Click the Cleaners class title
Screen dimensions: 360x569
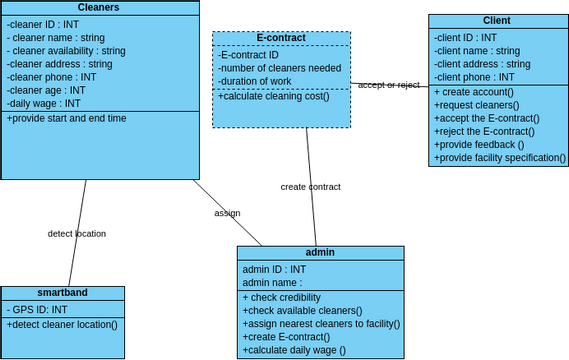click(x=99, y=7)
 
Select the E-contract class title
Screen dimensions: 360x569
click(x=281, y=38)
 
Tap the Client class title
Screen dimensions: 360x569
click(x=496, y=20)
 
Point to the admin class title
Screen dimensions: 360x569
click(x=320, y=252)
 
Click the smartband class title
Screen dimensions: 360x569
click(x=62, y=292)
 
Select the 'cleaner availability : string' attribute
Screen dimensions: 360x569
click(x=66, y=51)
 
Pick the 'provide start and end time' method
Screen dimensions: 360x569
click(x=67, y=118)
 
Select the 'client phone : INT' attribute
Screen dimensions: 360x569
click(x=474, y=77)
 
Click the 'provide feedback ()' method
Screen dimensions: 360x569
click(x=479, y=144)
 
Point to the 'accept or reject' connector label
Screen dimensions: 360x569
click(x=389, y=85)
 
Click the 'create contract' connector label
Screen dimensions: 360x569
click(x=310, y=186)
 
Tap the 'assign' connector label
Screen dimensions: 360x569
click(x=227, y=213)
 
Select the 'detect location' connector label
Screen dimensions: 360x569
click(x=77, y=233)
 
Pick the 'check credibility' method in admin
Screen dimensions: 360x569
click(x=281, y=297)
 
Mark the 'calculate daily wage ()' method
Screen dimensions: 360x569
click(x=294, y=349)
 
